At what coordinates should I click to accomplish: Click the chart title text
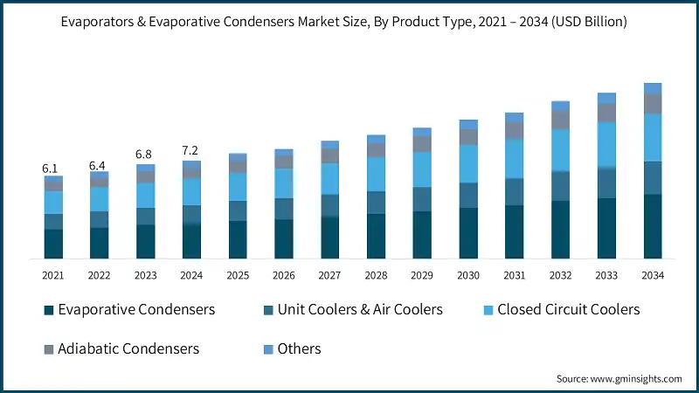click(349, 22)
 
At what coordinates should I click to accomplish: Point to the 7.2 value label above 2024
click(191, 151)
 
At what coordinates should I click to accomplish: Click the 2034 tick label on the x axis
click(653, 275)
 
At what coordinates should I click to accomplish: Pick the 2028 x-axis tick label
click(376, 275)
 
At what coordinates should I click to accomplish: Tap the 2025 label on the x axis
click(238, 275)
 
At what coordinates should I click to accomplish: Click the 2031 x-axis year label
click(515, 275)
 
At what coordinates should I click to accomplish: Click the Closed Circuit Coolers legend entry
click(568, 309)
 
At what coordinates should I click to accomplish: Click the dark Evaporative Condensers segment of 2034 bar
click(653, 226)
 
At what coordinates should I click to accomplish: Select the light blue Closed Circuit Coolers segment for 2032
click(560, 150)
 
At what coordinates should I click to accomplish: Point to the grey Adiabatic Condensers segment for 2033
click(606, 113)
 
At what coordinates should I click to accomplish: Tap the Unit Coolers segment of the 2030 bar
click(468, 195)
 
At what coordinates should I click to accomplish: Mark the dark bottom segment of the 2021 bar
click(53, 244)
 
